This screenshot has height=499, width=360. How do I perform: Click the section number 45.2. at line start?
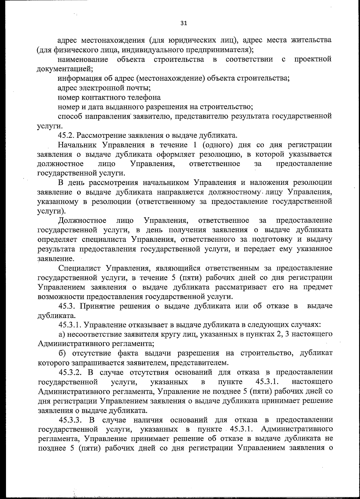(67, 135)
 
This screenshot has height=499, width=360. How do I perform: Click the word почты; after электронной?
(139, 88)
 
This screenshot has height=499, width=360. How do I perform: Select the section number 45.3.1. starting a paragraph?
(69, 325)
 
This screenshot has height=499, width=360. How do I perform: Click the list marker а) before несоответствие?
(61, 334)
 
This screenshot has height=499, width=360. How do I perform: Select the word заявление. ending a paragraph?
(55, 258)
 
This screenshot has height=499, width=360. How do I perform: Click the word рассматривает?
(241, 287)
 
